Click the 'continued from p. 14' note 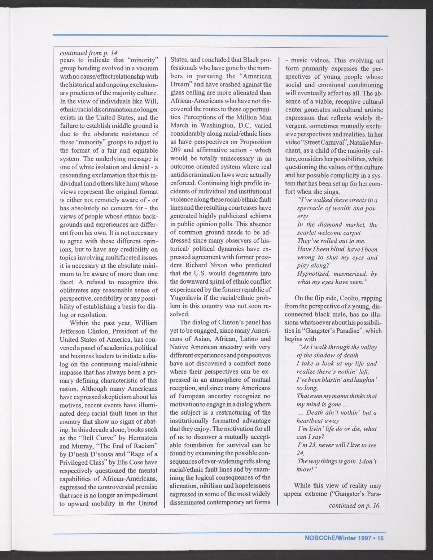tap(88, 52)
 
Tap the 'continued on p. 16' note tap(354, 506)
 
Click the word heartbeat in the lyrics tap(312, 421)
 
